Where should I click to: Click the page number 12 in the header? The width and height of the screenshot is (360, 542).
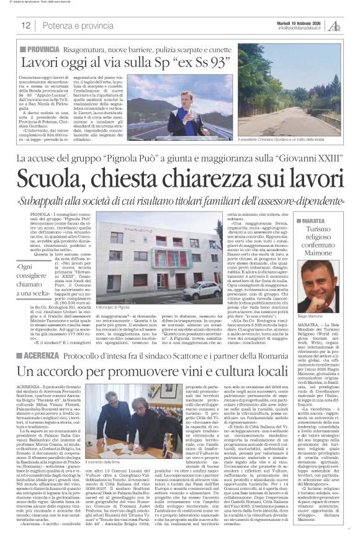tap(26, 25)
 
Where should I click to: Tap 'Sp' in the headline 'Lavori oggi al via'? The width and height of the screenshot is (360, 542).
tap(168, 62)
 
